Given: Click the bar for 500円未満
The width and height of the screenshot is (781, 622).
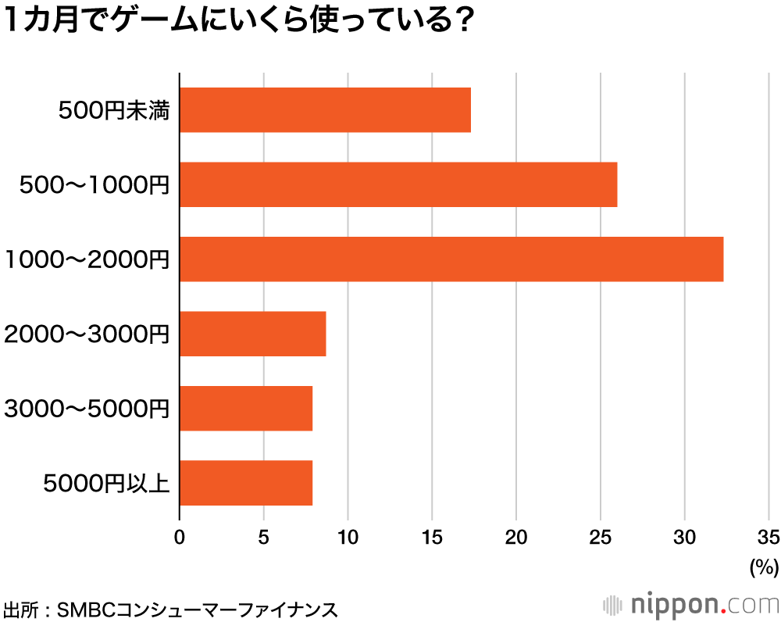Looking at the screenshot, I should pos(325,110).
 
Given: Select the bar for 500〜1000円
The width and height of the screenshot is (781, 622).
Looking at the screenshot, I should pos(398,184).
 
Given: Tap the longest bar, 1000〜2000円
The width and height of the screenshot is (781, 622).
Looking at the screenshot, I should pos(451,259).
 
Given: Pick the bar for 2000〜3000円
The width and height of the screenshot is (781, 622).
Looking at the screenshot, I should pos(252,334).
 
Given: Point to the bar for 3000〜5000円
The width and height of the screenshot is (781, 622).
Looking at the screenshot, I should pos(246,408).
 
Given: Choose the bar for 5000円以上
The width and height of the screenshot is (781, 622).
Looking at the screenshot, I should pos(246,483).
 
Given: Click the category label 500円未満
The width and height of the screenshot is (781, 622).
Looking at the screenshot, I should pos(114,111).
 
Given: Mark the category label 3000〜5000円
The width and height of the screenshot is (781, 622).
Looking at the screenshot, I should pos(87,409).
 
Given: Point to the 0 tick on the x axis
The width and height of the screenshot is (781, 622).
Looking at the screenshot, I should pos(180,536).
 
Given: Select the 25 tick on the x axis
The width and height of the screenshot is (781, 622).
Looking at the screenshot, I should pos(600,536).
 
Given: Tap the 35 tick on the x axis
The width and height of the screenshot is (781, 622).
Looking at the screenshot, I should pos(769,536).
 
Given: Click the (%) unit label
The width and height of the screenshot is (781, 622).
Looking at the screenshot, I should pos(764,567).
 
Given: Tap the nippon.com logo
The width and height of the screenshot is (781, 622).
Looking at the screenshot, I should pos(692,604).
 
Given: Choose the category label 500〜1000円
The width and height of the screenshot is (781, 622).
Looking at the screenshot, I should pos(95,185).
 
